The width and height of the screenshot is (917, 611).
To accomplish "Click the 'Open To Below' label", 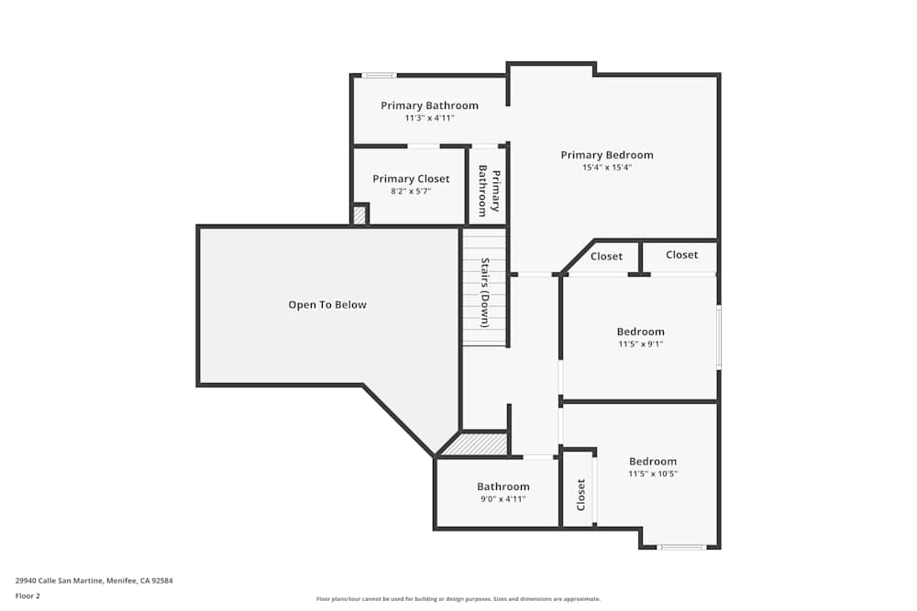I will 327,305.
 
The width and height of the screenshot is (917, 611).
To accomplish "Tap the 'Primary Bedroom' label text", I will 607,155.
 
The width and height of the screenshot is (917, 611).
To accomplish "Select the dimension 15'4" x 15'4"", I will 607,168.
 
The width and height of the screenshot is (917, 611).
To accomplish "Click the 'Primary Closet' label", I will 411,179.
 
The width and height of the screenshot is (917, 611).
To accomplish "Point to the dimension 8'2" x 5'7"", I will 411,191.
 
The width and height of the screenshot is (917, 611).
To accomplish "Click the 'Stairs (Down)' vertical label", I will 486,292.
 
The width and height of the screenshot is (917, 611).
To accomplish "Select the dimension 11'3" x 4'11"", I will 429,118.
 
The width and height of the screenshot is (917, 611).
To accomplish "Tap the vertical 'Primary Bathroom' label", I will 489,192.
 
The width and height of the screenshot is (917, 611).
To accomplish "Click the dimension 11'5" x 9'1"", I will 640,344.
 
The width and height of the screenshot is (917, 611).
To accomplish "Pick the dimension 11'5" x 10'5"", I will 652,475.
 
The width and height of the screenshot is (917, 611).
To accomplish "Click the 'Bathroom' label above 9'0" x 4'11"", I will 503,486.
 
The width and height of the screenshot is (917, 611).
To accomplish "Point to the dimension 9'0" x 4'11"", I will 503,499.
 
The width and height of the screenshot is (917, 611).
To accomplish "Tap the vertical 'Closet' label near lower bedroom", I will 580,495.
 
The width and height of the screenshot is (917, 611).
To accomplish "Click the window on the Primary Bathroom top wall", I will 379,75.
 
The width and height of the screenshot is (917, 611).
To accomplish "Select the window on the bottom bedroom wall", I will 682,547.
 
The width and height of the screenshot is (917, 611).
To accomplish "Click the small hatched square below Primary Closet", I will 360,215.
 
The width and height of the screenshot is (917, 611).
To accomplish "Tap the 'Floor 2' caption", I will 28,595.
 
